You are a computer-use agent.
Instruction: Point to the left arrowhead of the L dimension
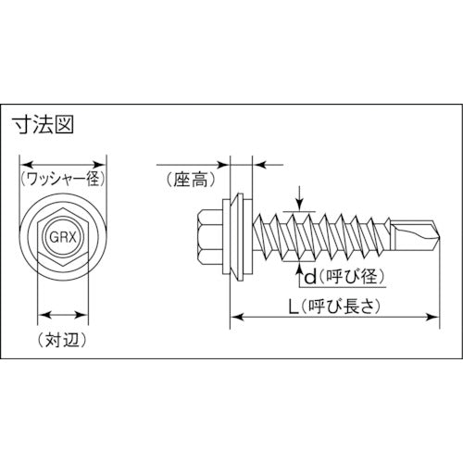click(x=232, y=318)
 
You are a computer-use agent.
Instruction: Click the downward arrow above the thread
click(x=301, y=204)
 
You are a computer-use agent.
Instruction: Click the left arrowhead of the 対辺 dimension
click(x=40, y=313)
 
